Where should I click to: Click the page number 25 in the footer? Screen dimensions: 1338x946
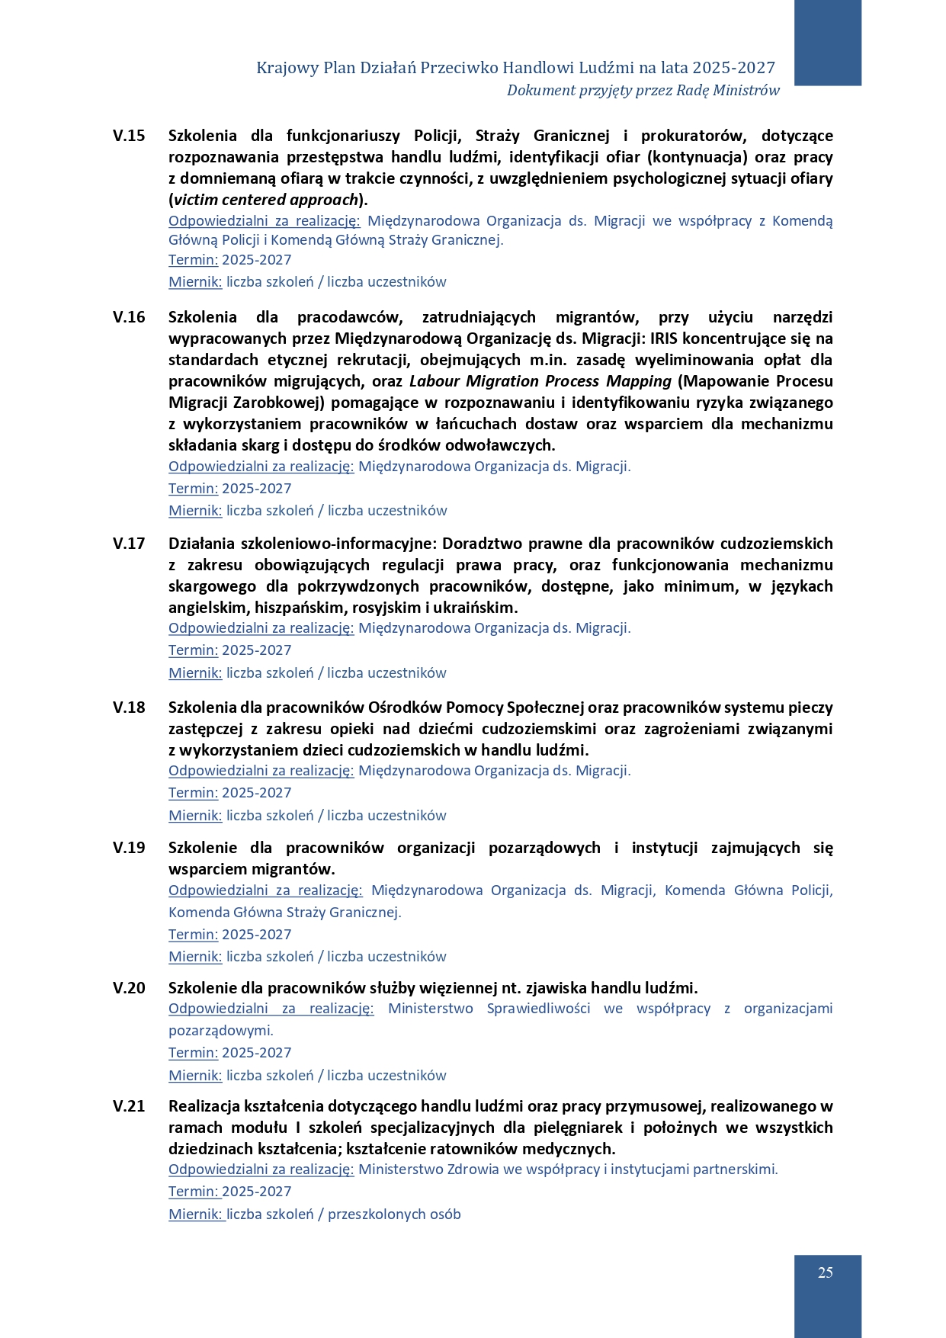click(825, 1272)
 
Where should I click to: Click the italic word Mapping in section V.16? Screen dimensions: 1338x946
click(639, 381)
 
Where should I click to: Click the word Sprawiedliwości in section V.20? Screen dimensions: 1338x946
click(538, 1009)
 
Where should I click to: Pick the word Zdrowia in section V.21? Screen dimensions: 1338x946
click(473, 1170)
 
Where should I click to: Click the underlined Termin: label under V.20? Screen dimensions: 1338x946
click(193, 1053)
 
